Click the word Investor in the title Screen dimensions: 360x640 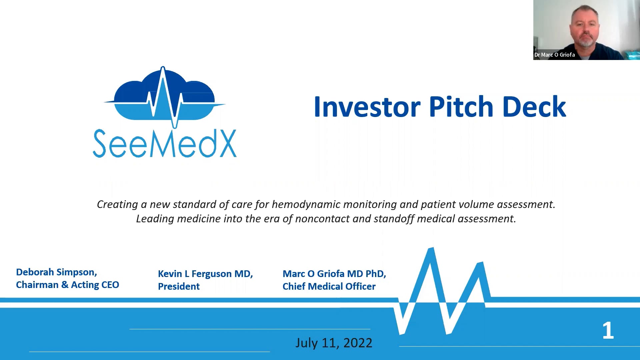coord(367,107)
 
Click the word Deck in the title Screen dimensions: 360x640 coord(534,107)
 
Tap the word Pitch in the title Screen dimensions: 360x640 coord(461,107)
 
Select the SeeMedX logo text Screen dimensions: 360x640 coord(164,144)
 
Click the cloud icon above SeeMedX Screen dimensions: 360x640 coord(164,97)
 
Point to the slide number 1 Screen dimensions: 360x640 coord(608,331)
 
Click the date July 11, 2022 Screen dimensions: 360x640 coord(333,343)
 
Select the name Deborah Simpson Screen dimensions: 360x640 coord(56,272)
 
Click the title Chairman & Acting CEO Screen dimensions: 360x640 coord(67,285)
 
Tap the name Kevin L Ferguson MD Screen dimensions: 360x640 coord(205,274)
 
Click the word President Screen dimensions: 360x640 coord(179,286)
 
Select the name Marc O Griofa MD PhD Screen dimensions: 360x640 coord(334,274)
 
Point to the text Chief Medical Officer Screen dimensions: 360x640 coord(329,286)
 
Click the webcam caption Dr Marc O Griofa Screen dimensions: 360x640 coord(554,55)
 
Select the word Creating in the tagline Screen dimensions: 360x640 coord(117,204)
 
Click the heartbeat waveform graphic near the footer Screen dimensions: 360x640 coord(440,293)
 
